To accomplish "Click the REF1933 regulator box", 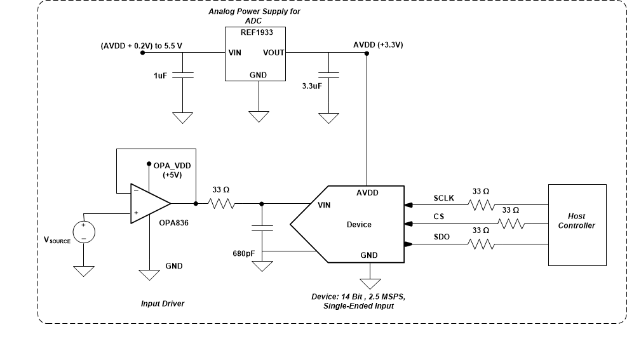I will pos(255,53).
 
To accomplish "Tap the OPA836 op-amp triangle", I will pos(149,204).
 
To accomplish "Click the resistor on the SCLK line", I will pos(481,204).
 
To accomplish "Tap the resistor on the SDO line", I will pos(481,244).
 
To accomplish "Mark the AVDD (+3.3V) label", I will pos(378,45).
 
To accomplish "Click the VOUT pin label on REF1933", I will pos(274,53).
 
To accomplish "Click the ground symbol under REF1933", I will pos(259,116).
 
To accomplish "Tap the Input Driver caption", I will pos(163,303).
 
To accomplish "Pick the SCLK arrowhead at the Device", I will pos(408,204).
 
